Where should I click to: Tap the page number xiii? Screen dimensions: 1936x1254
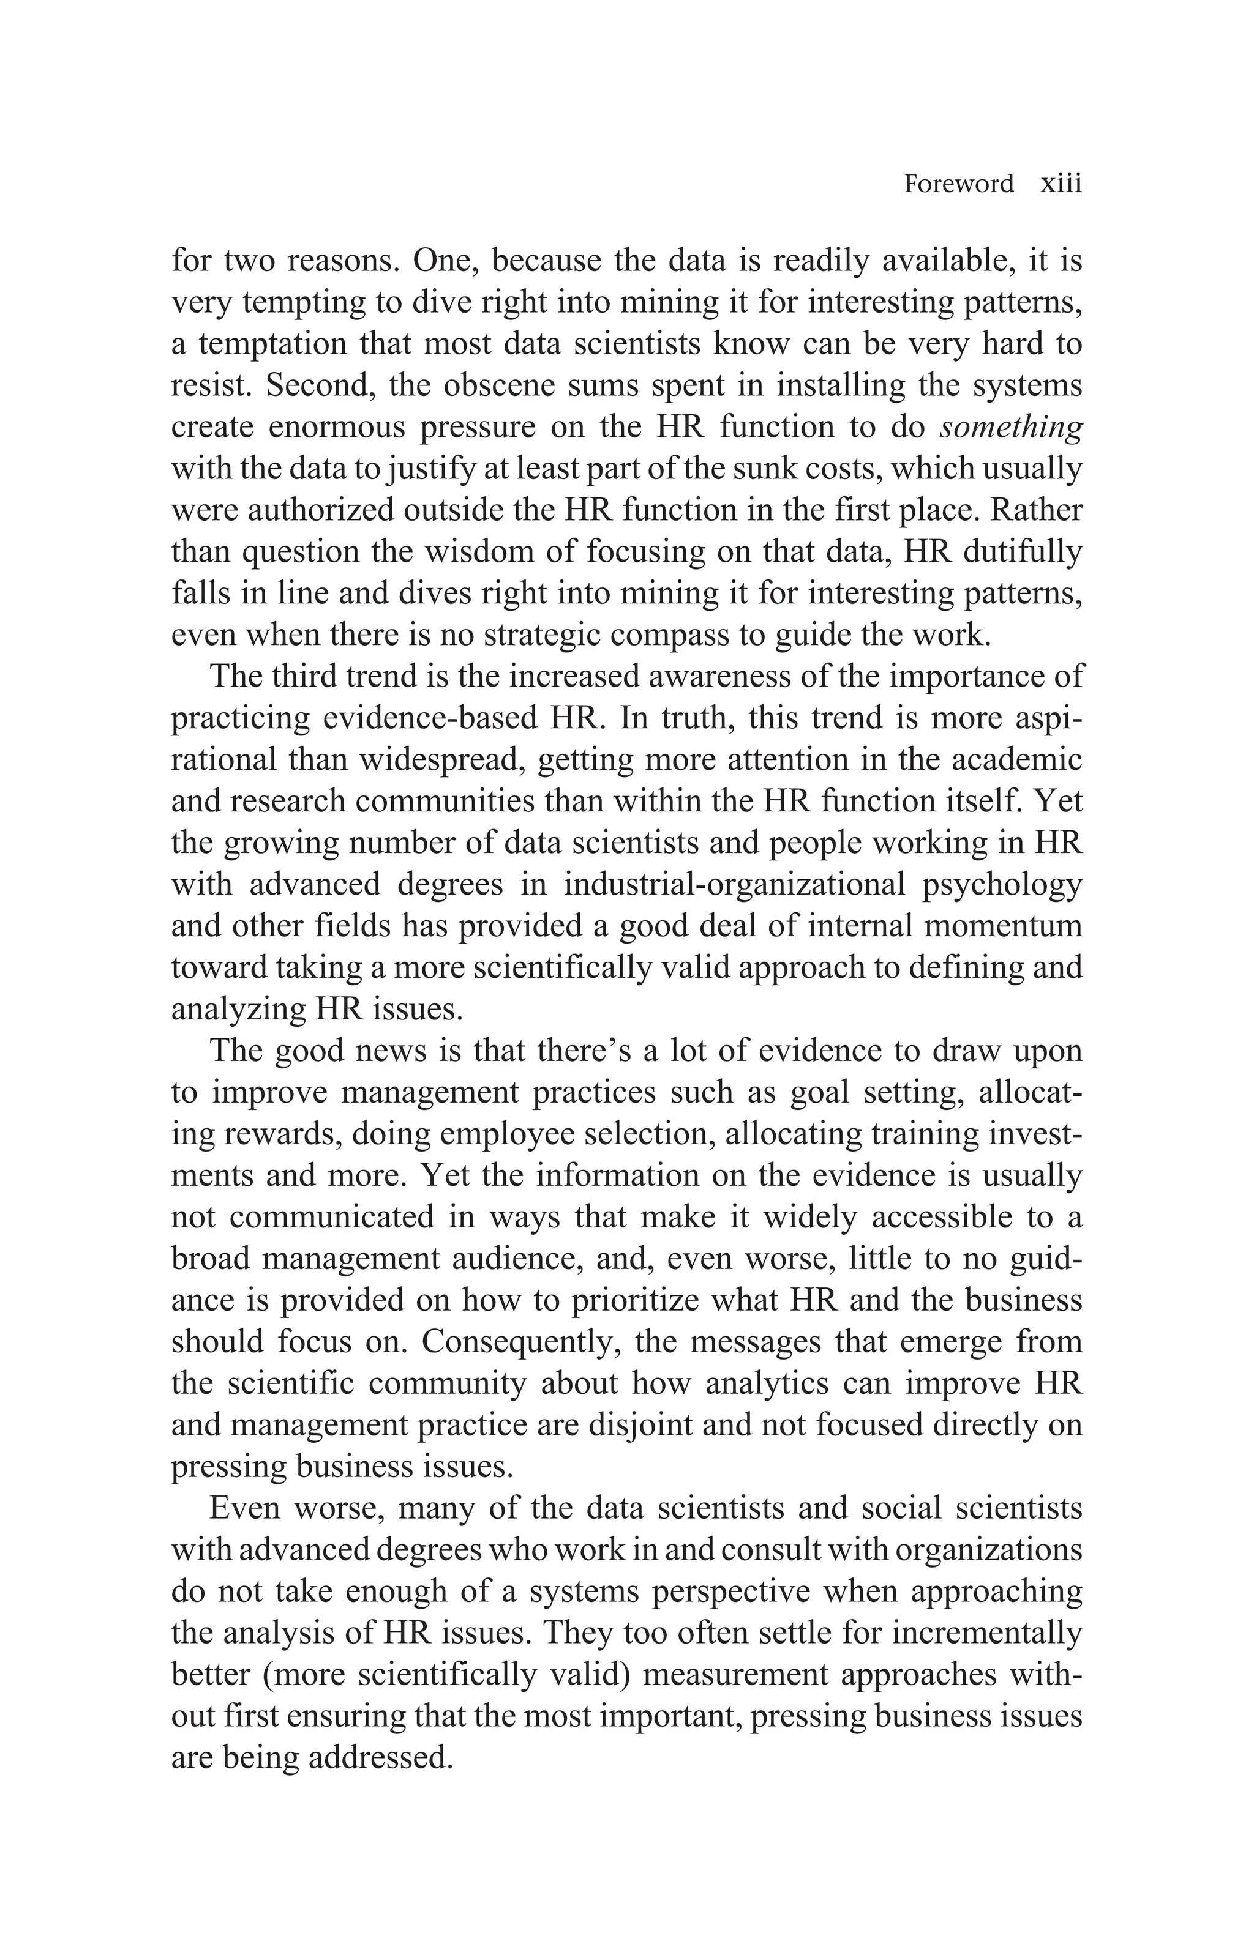tap(1061, 184)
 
